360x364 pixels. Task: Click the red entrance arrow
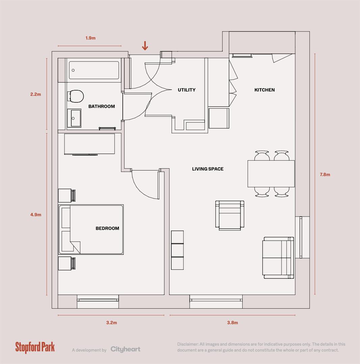[145, 46]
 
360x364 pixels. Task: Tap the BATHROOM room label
[102, 107]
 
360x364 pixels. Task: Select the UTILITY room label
[187, 90]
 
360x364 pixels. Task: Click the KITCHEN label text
[264, 90]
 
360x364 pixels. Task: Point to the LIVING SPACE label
[207, 169]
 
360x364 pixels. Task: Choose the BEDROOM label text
[107, 229]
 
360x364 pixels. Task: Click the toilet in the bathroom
[76, 96]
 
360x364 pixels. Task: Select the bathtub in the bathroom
[94, 70]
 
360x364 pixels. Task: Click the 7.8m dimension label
[325, 175]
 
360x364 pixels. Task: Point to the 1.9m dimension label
[90, 38]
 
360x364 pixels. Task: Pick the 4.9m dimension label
[36, 214]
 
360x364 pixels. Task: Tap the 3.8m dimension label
[232, 323]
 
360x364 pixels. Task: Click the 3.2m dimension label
[111, 323]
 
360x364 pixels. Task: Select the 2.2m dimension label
[35, 94]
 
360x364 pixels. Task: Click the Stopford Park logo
[35, 347]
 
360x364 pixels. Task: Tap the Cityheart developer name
[125, 350]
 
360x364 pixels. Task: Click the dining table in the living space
[271, 174]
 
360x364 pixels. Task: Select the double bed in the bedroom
[91, 229]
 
